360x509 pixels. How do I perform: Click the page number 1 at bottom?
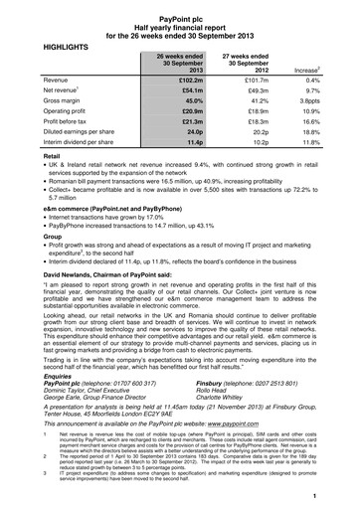(x=339, y=495)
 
